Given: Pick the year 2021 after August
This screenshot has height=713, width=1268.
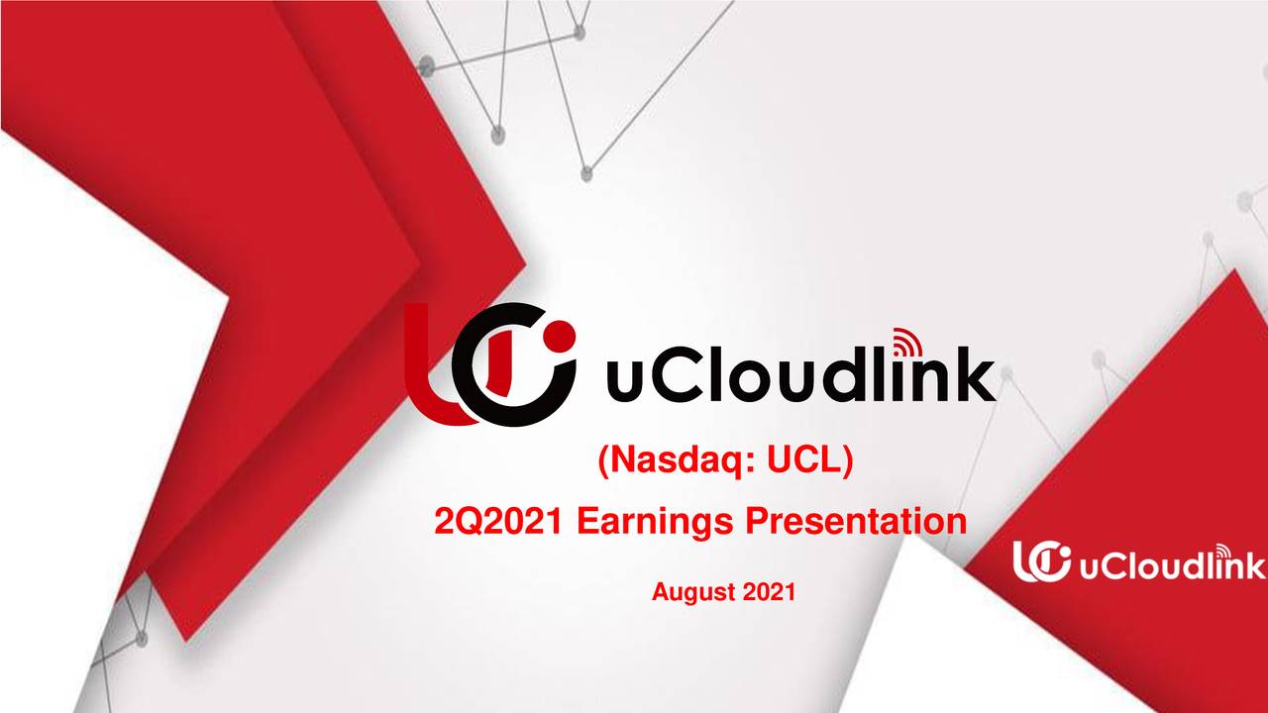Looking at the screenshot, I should (x=769, y=593).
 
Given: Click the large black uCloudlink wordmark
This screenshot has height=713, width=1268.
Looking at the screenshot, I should (x=798, y=377).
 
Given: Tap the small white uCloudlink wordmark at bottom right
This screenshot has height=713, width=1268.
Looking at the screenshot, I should (x=1170, y=565).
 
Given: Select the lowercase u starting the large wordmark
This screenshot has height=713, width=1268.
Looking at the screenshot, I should (x=621, y=385).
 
